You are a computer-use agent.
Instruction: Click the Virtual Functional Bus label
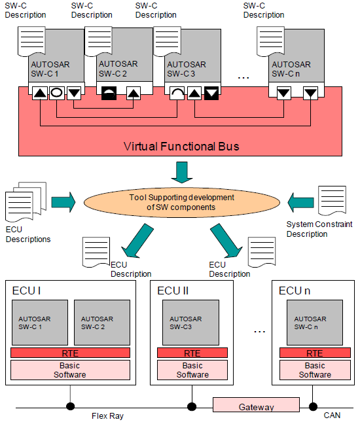[x=181, y=146]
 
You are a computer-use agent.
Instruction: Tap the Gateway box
[x=256, y=406]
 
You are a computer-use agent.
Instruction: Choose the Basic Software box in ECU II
[x=192, y=370]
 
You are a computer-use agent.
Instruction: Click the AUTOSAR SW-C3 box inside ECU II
[x=192, y=322]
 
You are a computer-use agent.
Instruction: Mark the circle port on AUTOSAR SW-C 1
[x=57, y=94]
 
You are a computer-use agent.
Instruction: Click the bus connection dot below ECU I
[x=69, y=406]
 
